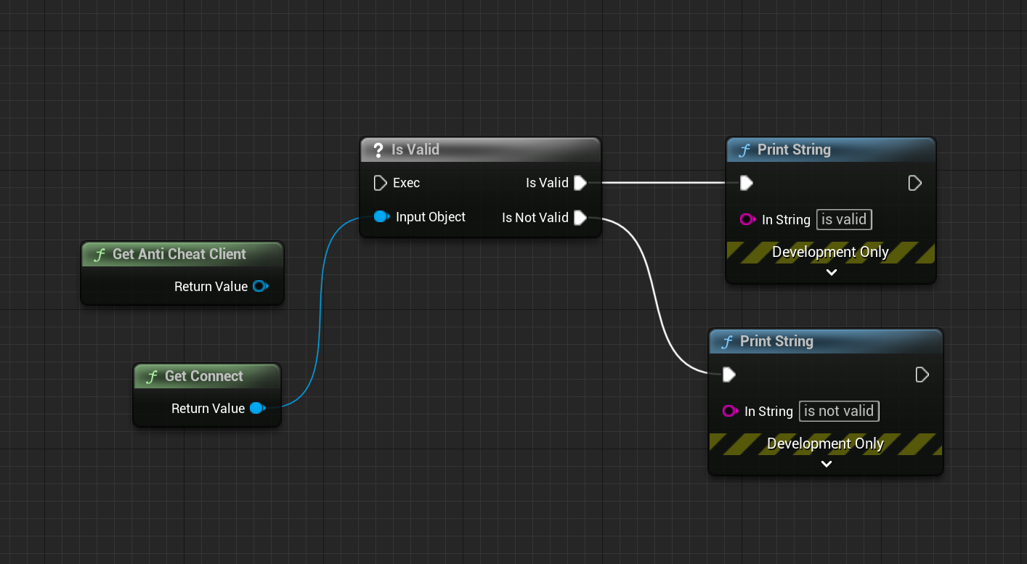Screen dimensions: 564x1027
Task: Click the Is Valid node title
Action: tap(415, 150)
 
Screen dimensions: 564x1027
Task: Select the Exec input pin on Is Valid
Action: tap(380, 183)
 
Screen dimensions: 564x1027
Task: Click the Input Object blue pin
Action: tap(381, 216)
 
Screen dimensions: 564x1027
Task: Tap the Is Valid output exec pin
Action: tap(580, 183)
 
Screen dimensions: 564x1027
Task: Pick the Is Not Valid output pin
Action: tap(580, 218)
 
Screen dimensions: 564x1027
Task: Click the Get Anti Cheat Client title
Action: tap(179, 254)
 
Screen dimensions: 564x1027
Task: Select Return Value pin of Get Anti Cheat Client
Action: tap(259, 287)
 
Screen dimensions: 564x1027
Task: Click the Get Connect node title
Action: tap(203, 376)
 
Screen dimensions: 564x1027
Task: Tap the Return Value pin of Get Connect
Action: tap(256, 409)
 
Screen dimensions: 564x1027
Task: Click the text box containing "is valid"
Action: tap(844, 219)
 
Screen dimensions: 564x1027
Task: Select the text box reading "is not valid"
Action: tap(839, 411)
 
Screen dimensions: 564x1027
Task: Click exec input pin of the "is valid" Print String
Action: tap(746, 183)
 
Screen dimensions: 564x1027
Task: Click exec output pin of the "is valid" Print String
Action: tap(914, 183)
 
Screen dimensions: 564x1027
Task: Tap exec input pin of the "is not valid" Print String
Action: tap(728, 375)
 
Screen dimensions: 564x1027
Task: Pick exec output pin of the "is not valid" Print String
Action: tap(922, 375)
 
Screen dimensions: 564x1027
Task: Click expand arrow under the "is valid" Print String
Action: tap(832, 272)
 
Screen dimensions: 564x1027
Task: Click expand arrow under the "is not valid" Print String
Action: tap(826, 464)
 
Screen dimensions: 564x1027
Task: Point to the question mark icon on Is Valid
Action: tap(378, 150)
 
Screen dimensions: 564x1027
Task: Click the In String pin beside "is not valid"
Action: tap(730, 412)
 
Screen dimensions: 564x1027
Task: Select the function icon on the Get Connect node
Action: tap(152, 377)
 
